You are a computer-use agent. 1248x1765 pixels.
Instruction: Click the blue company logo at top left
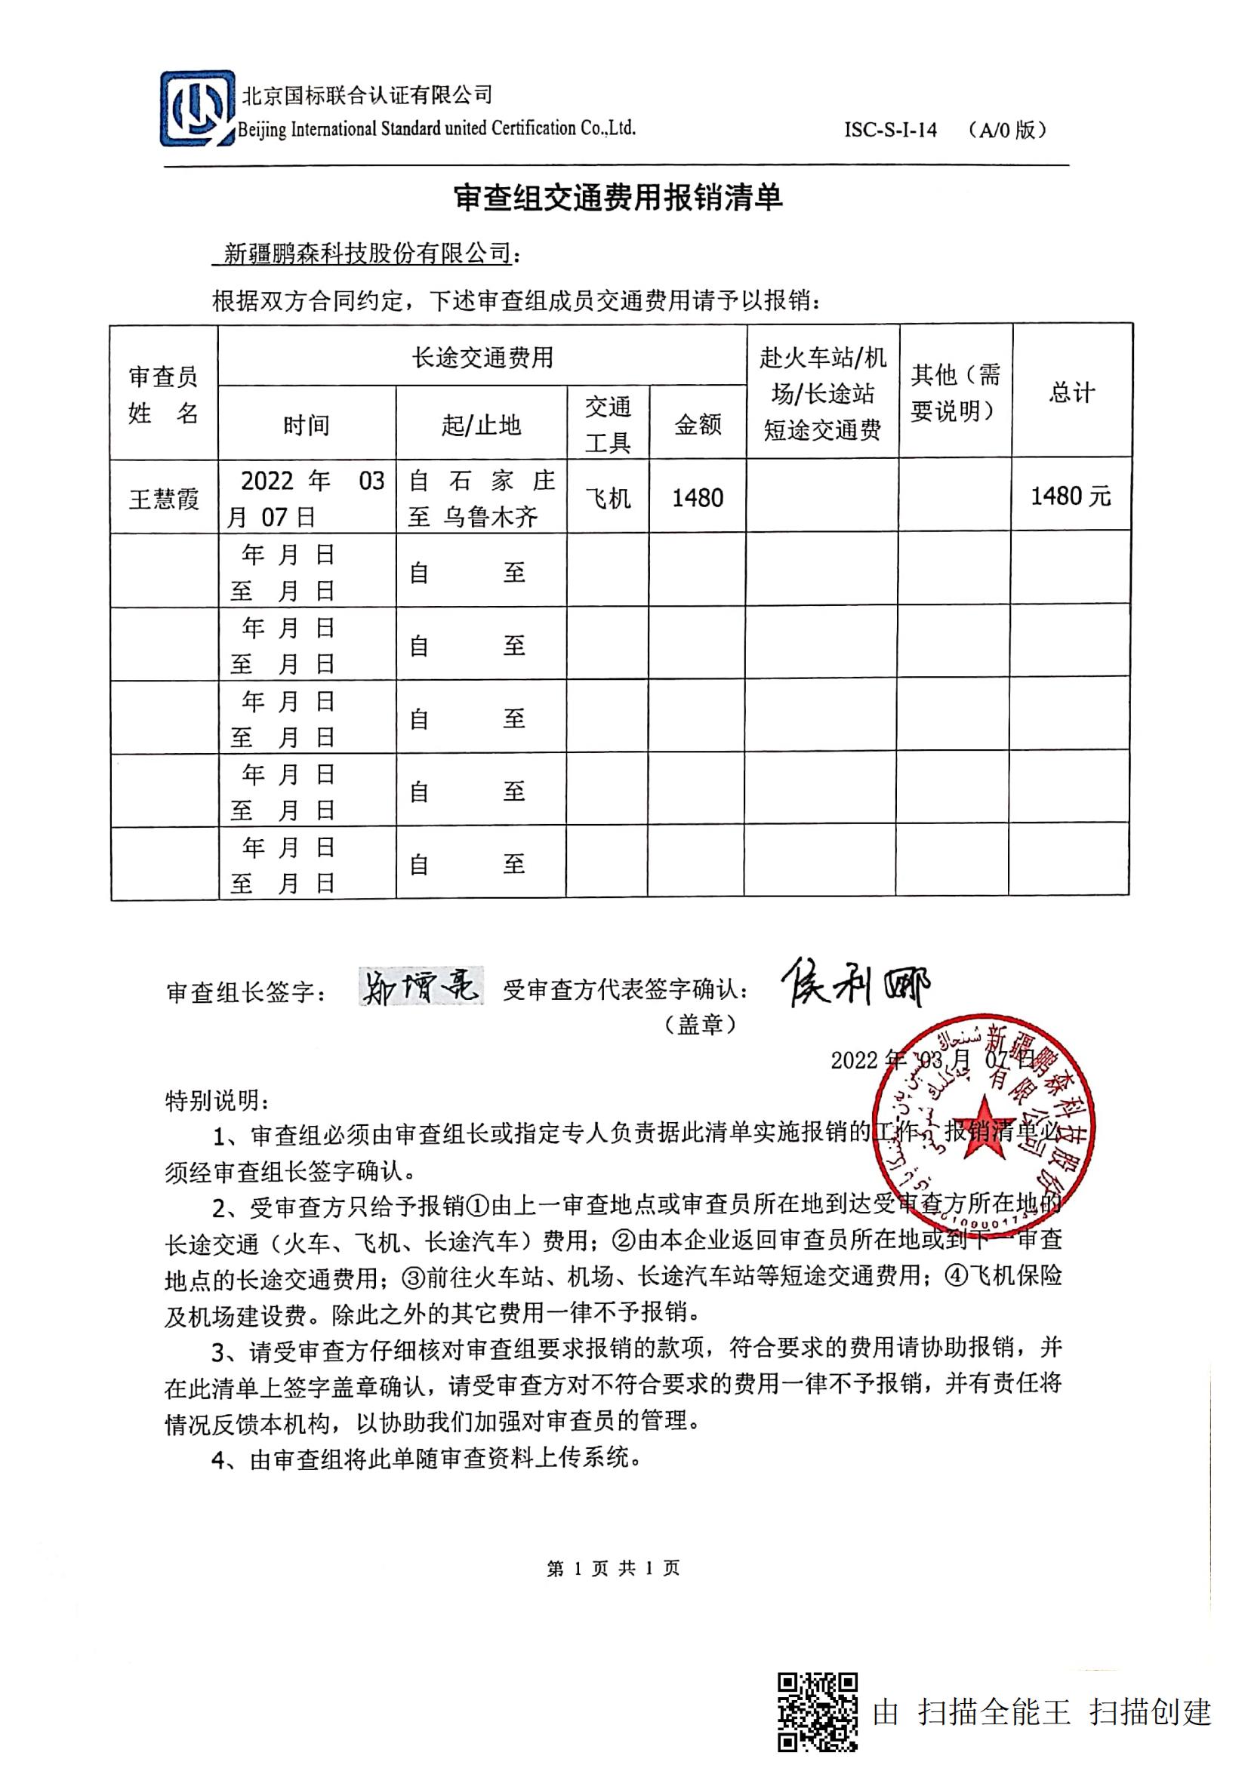pos(197,109)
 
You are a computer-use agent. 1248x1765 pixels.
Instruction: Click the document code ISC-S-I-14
pos(890,130)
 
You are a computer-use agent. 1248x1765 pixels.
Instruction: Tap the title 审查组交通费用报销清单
pos(618,198)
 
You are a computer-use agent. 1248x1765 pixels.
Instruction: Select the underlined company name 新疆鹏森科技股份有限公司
pos(367,253)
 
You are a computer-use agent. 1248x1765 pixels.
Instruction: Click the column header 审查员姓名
pos(163,395)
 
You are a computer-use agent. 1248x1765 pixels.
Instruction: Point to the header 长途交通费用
pos(482,358)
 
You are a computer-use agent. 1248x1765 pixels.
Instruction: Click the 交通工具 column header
pos(608,424)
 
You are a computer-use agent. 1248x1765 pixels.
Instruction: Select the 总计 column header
pos(1071,393)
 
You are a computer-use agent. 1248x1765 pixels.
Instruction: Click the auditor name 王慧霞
pos(164,500)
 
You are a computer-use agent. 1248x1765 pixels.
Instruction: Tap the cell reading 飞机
pos(608,499)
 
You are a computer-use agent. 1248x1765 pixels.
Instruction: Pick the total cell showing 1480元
pos(1071,497)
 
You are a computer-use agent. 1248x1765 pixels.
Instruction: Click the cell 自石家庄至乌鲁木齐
pos(482,499)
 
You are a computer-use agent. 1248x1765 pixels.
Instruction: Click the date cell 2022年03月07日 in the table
pos(307,499)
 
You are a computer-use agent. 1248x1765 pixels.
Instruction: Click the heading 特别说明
pos(217,1101)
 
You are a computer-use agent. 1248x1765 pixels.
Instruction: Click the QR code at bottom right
pos(818,1712)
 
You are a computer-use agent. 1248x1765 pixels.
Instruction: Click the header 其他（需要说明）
pos(955,393)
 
